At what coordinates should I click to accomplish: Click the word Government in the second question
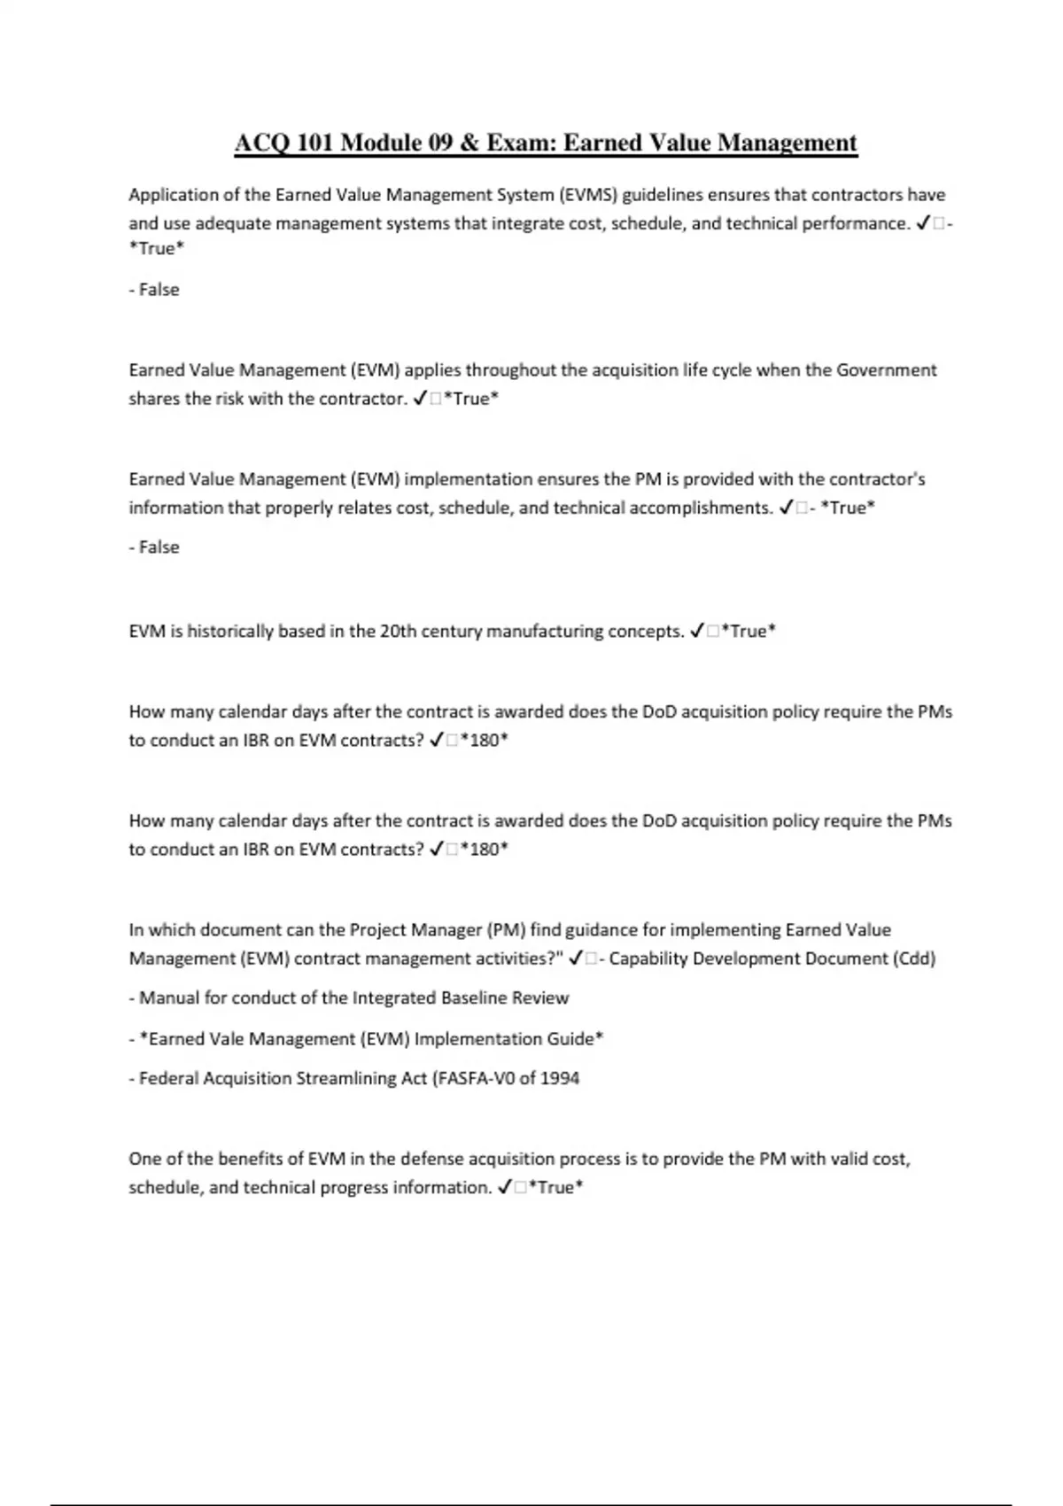pos(887,370)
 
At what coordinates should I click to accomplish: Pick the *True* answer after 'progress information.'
pos(555,1188)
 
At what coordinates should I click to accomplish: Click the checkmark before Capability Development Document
pos(577,959)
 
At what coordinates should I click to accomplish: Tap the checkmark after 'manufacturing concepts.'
pos(697,632)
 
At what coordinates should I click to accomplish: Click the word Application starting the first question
pos(172,195)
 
